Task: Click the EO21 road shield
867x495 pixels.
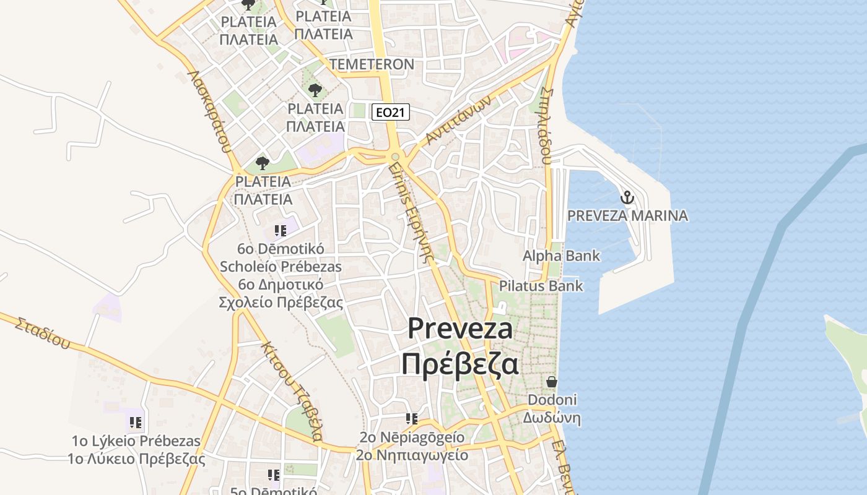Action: pos(391,112)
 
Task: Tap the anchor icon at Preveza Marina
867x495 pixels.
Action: pos(627,198)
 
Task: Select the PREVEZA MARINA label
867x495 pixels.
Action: pos(627,216)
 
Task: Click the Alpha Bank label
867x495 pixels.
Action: pos(561,256)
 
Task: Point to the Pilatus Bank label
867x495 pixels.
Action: pos(541,286)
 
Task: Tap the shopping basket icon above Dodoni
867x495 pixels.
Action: pos(552,382)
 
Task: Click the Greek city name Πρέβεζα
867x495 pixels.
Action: pos(460,364)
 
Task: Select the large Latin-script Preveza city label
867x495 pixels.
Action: pos(460,329)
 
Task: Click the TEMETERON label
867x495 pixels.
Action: pos(372,64)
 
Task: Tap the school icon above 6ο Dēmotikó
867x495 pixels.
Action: pos(281,231)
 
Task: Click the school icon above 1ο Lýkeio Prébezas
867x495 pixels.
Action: pos(136,423)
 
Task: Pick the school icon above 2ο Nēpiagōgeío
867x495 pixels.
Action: pos(412,420)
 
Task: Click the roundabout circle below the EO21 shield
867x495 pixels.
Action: pos(395,157)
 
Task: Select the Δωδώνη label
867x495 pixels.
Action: pos(551,418)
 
